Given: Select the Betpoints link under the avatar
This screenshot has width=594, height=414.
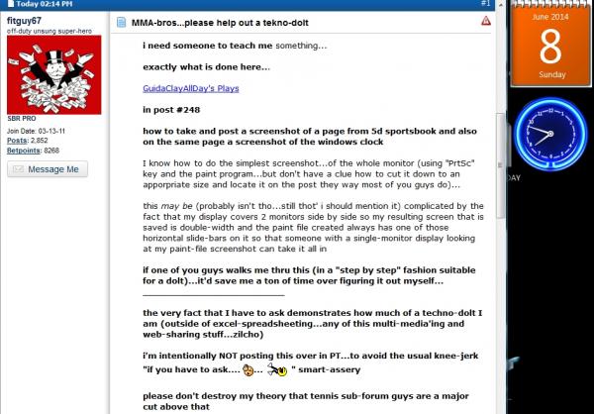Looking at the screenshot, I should (23, 150).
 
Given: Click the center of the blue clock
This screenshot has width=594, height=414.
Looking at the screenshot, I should (544, 136).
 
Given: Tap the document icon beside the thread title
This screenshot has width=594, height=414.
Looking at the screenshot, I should (122, 21).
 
